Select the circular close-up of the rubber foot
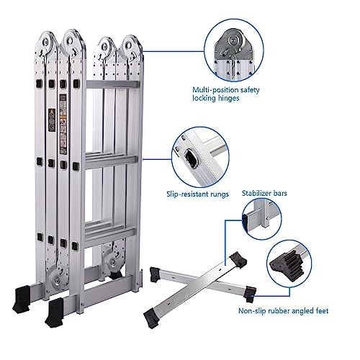pos(293,264)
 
